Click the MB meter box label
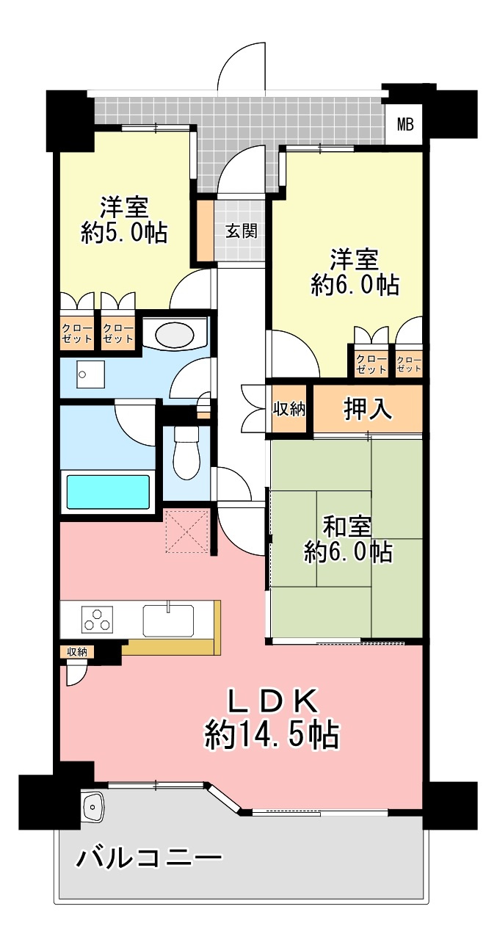(405, 124)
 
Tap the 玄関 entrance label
(240, 231)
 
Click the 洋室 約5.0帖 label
(124, 220)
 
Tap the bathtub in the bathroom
(108, 491)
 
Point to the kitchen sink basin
(168, 620)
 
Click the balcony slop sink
(94, 808)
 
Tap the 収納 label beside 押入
(289, 410)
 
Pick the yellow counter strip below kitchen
(171, 647)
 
